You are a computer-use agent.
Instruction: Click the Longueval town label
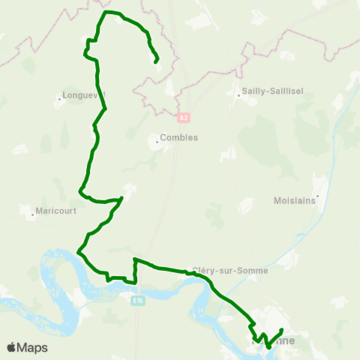point(83,95)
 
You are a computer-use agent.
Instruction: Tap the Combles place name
point(181,138)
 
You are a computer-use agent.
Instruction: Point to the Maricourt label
point(57,211)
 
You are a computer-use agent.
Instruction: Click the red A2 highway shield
point(184,118)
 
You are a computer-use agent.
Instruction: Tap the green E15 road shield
point(136,301)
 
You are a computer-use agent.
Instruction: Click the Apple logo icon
point(12,348)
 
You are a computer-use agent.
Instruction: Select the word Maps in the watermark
point(32,348)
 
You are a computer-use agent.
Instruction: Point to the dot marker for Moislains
point(318,196)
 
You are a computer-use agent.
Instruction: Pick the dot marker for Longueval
point(59,96)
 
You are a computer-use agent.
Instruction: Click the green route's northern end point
point(155,62)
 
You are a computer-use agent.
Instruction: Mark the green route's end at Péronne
point(281,330)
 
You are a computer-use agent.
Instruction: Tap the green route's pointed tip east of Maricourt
point(121,199)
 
